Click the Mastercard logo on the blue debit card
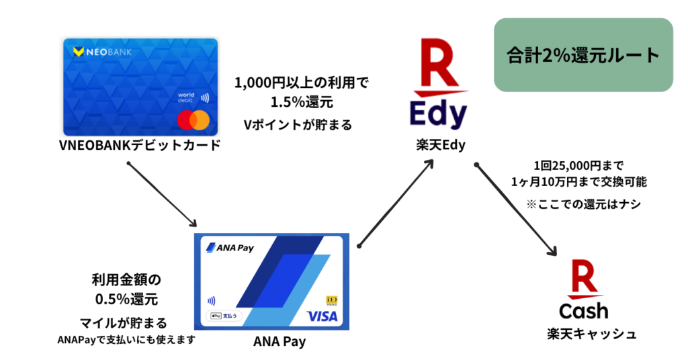click(x=193, y=120)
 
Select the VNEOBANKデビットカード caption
click(x=141, y=145)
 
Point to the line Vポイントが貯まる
click(x=298, y=124)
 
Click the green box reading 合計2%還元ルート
click(x=583, y=55)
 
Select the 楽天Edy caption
click(x=440, y=146)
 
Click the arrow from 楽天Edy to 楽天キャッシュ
click(x=516, y=209)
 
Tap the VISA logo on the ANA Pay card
click(x=322, y=316)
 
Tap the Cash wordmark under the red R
click(x=583, y=310)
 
